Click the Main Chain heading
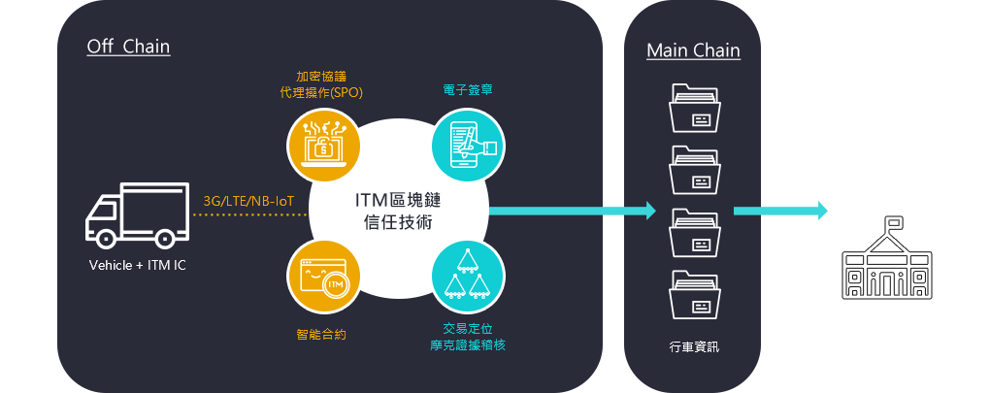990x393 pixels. point(693,50)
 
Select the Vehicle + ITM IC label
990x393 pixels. point(137,264)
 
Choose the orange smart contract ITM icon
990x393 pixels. point(323,278)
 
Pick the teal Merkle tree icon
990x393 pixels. point(468,278)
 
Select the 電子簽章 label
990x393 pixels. point(466,90)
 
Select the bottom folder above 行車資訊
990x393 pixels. point(694,295)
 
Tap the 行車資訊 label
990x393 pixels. point(694,347)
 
